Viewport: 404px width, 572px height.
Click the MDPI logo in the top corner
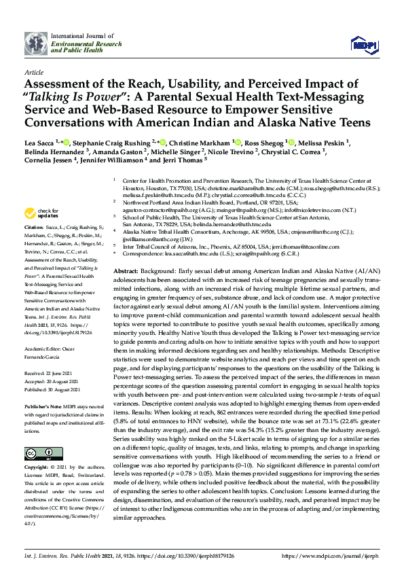click(x=363, y=45)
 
